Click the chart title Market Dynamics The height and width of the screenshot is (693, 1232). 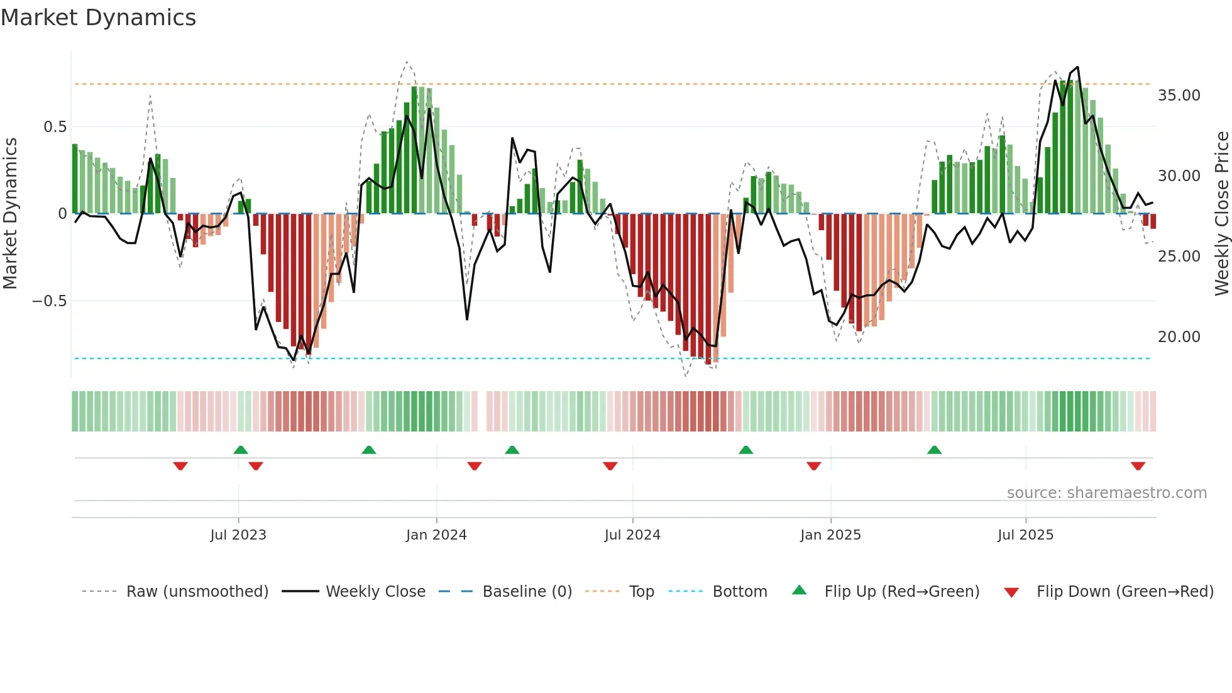point(98,18)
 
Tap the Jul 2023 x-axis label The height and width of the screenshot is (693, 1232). point(238,535)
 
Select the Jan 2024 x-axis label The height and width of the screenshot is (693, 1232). point(436,535)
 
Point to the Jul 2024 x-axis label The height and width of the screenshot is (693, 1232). point(632,535)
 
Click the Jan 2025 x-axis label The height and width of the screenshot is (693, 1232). point(830,535)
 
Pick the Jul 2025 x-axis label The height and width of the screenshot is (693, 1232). point(1025,535)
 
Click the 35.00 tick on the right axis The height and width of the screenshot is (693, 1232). point(1179,96)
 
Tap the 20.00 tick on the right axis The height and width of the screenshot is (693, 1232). point(1179,337)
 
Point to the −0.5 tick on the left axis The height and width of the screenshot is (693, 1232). point(49,301)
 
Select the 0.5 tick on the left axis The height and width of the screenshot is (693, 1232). point(55,127)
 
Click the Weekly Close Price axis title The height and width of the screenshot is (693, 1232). point(1221,213)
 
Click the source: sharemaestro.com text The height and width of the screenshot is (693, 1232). point(1106,493)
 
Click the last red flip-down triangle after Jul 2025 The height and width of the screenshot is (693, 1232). point(1138,466)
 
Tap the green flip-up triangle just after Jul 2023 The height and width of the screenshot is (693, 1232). point(241,450)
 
